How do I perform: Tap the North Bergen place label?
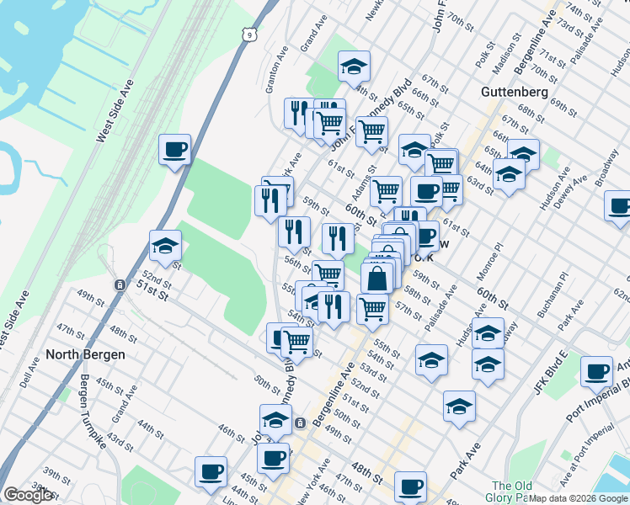86,354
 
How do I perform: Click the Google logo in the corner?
28,495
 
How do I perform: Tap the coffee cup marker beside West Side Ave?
174,150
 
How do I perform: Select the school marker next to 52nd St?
165,246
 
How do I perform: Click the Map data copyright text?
579,498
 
